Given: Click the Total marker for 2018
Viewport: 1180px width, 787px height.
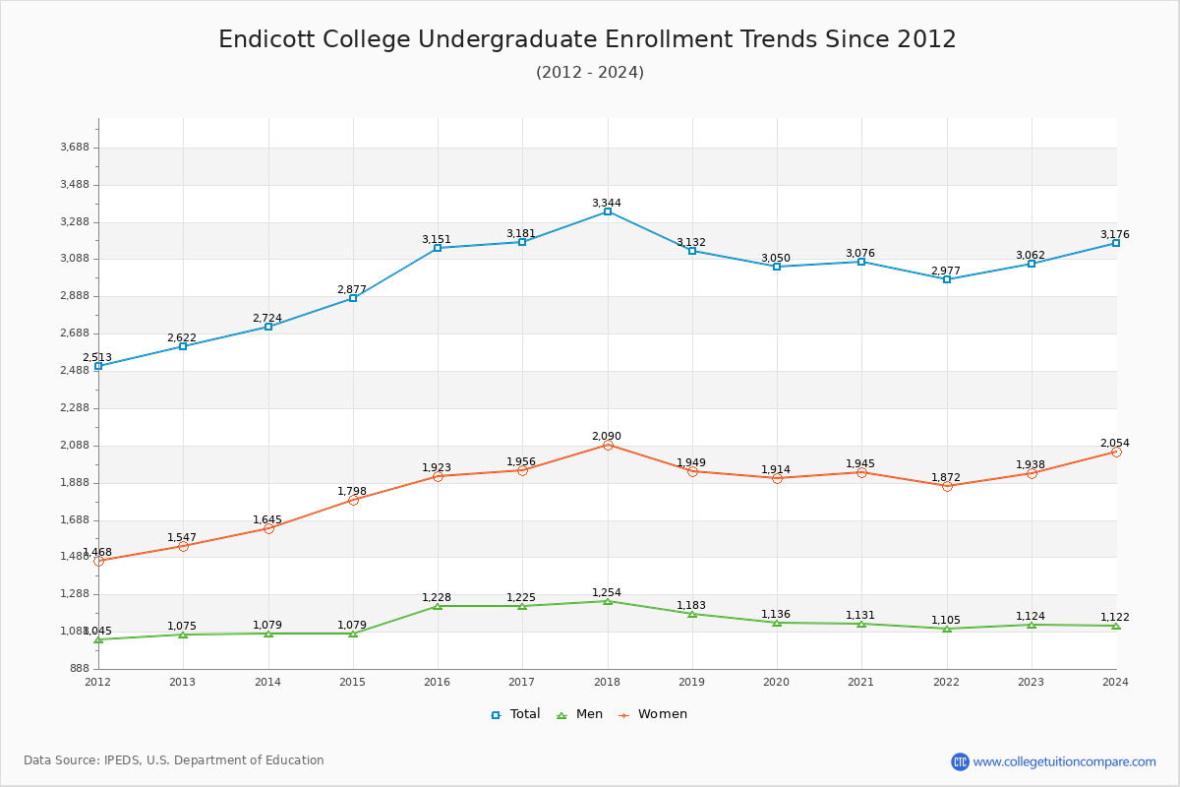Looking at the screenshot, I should [608, 212].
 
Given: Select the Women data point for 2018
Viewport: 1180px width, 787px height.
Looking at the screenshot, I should [608, 446].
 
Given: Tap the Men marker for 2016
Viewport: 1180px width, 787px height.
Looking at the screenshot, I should [438, 606].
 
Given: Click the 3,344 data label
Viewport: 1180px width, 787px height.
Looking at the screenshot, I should [607, 204].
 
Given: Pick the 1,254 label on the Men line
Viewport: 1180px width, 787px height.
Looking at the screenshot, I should [607, 593].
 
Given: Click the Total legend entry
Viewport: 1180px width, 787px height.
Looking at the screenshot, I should [515, 714].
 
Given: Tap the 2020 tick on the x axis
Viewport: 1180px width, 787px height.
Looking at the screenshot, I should [777, 681].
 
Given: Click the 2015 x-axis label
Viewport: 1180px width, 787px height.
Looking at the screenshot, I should [353, 681].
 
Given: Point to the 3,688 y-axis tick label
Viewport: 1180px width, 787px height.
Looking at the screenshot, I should [76, 148].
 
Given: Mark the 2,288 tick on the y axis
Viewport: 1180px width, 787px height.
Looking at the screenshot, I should [76, 408].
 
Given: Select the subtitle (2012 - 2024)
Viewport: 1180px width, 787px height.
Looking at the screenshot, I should [590, 73].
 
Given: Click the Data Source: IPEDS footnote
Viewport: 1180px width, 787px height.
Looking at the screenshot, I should [174, 760].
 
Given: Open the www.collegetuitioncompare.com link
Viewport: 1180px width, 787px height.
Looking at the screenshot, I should [1064, 761].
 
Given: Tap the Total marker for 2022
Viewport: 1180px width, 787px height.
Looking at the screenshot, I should [947, 279].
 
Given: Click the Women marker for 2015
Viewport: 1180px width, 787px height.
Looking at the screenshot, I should [353, 500].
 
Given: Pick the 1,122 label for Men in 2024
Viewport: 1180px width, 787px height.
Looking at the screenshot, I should [1115, 618].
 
